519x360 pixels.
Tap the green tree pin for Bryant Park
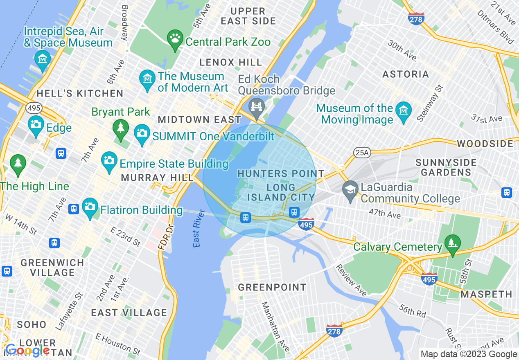[120, 129]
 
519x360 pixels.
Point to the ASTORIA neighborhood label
[405, 74]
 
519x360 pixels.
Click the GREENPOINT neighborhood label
[272, 287]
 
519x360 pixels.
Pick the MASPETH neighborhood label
[486, 294]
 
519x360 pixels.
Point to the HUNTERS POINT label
[281, 173]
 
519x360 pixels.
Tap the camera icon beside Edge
[36, 124]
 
